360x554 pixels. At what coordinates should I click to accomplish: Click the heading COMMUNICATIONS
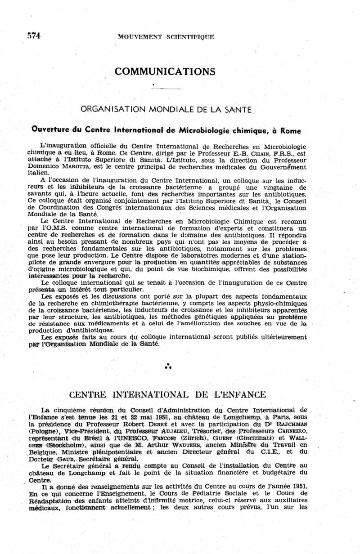pyautogui.click(x=165, y=71)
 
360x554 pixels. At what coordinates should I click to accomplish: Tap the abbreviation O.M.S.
pyautogui.click(x=59, y=228)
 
